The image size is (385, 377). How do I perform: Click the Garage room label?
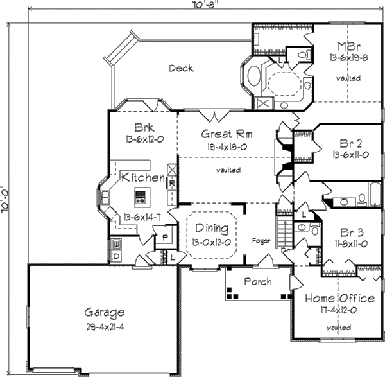[x=105, y=313]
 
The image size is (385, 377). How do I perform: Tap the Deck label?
[x=180, y=68]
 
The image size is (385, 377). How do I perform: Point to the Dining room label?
[x=211, y=229]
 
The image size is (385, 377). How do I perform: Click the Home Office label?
[x=339, y=299]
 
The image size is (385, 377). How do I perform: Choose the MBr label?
[x=348, y=46]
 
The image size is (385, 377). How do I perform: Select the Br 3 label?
[x=352, y=232]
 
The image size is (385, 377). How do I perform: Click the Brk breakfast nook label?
[x=142, y=127]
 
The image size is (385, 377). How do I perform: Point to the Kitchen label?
[x=143, y=177]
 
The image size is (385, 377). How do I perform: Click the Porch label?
[x=257, y=282]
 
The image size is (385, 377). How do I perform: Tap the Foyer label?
[x=262, y=241]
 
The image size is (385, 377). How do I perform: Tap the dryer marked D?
[x=117, y=256]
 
